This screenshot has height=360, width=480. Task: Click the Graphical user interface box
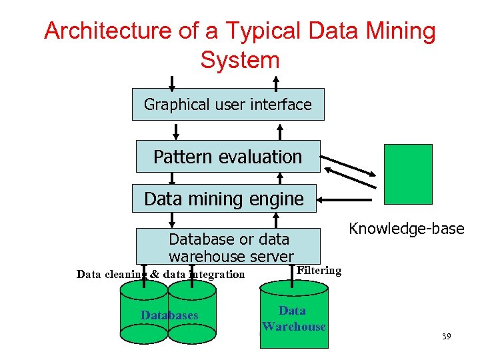pos(228,105)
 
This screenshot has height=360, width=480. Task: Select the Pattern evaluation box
pos(228,157)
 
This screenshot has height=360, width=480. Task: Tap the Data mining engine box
pos(224,199)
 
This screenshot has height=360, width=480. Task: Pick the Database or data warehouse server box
pos(228,247)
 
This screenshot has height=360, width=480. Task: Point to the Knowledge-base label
pos(407,229)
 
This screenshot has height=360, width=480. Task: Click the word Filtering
pos(319,271)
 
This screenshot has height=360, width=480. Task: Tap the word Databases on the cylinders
pos(169,315)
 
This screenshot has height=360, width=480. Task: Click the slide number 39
pos(446,336)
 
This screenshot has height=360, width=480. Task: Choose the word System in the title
pos(239,60)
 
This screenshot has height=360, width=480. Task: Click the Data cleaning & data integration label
pos(161,274)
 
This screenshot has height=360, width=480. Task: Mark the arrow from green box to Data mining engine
pos(345,199)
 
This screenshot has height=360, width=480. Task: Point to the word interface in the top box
pos(283,105)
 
